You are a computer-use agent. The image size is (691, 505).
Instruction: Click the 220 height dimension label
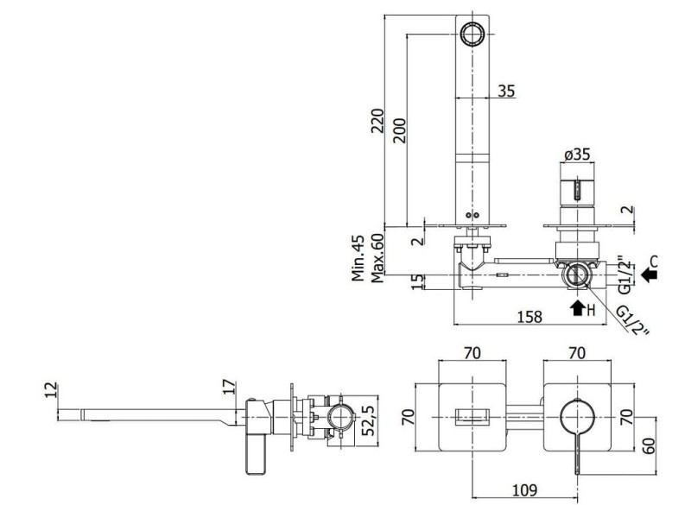(x=377, y=121)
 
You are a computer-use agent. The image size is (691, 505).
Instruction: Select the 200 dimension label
(x=399, y=130)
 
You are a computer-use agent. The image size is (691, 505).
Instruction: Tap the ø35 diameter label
(x=577, y=155)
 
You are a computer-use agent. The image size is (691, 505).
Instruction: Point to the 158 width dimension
(x=529, y=317)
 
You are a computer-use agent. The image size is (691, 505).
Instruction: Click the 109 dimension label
(x=525, y=489)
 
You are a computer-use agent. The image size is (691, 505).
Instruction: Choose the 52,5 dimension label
(x=369, y=421)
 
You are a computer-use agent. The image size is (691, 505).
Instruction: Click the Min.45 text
(x=358, y=258)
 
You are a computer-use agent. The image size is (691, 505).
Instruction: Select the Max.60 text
(x=377, y=258)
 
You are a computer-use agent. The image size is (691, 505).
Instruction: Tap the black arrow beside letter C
(x=649, y=275)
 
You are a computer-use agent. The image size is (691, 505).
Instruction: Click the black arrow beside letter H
(x=577, y=309)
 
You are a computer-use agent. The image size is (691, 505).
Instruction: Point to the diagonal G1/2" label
(x=633, y=320)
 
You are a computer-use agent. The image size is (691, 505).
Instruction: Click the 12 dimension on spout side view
(x=51, y=389)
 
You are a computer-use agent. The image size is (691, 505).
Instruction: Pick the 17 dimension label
(x=229, y=388)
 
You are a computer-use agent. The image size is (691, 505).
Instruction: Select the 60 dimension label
(x=649, y=446)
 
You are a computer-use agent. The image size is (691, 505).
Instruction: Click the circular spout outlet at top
(x=472, y=34)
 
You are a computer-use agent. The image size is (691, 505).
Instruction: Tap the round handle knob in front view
(x=577, y=417)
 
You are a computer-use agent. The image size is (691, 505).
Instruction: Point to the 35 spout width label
(x=506, y=91)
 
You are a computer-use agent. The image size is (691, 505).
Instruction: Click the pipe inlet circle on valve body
(x=574, y=275)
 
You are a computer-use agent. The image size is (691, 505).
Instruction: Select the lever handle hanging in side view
(x=256, y=454)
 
